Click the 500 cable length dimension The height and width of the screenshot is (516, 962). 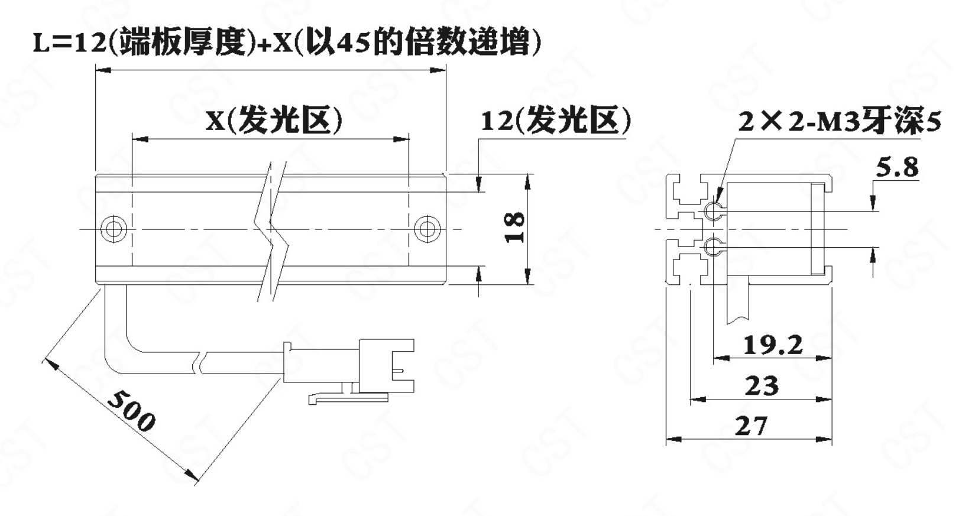coord(131,411)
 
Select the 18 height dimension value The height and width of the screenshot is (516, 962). coord(514,228)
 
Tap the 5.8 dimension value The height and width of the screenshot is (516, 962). coord(897,167)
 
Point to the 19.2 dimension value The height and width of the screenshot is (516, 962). coord(773,345)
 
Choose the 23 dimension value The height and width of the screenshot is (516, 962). coord(762,385)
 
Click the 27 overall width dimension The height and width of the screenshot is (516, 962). coord(751,426)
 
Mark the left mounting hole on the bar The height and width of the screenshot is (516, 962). coord(114,229)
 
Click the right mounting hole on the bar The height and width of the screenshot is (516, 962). coord(427,229)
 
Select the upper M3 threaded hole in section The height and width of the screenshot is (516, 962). coord(713,211)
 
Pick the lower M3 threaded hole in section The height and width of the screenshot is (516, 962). coord(713,246)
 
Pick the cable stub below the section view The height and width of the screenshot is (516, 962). coord(738,300)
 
